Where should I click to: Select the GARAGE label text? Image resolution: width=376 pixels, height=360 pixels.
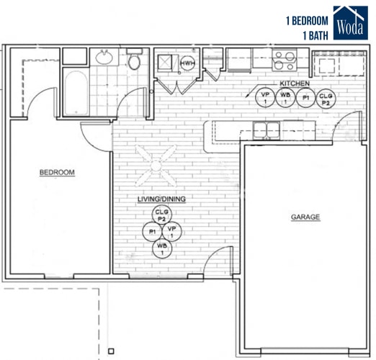(x=305, y=217)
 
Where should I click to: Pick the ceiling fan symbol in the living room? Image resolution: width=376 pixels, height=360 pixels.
(x=158, y=164)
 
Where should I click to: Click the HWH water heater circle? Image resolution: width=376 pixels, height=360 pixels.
(x=187, y=64)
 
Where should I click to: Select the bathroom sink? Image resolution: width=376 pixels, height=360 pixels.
(x=104, y=57)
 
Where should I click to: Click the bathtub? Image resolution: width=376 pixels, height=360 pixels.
(x=76, y=92)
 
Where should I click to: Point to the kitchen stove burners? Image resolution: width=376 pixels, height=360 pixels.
(x=285, y=60)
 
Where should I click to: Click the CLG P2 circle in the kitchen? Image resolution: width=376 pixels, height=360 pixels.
(x=326, y=97)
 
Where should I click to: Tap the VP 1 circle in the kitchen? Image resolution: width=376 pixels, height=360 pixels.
(x=265, y=97)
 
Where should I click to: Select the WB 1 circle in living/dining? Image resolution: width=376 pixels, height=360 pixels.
(x=161, y=249)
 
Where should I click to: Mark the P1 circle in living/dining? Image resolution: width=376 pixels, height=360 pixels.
(x=153, y=232)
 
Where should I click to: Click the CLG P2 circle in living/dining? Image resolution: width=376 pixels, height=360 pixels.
(x=162, y=215)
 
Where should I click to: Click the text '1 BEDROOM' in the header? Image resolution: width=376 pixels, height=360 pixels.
(x=308, y=21)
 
